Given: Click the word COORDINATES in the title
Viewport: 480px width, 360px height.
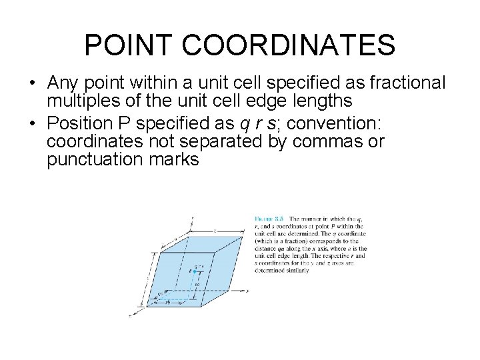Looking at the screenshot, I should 288,45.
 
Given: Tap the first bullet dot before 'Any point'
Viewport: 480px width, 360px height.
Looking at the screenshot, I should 31,83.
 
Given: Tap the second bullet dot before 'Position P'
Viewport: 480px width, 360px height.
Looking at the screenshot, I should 31,123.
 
